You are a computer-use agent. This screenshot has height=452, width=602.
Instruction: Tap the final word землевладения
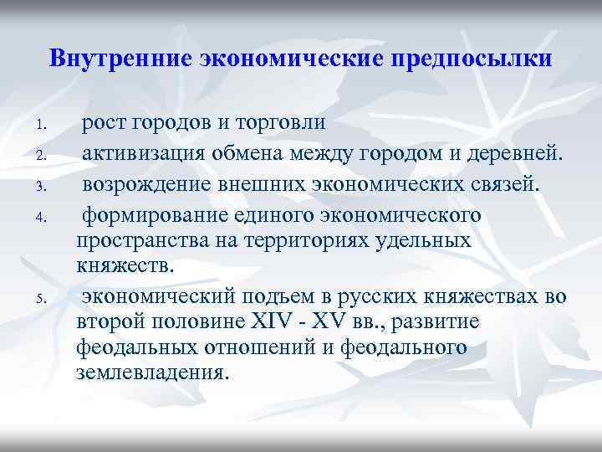tap(150, 372)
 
